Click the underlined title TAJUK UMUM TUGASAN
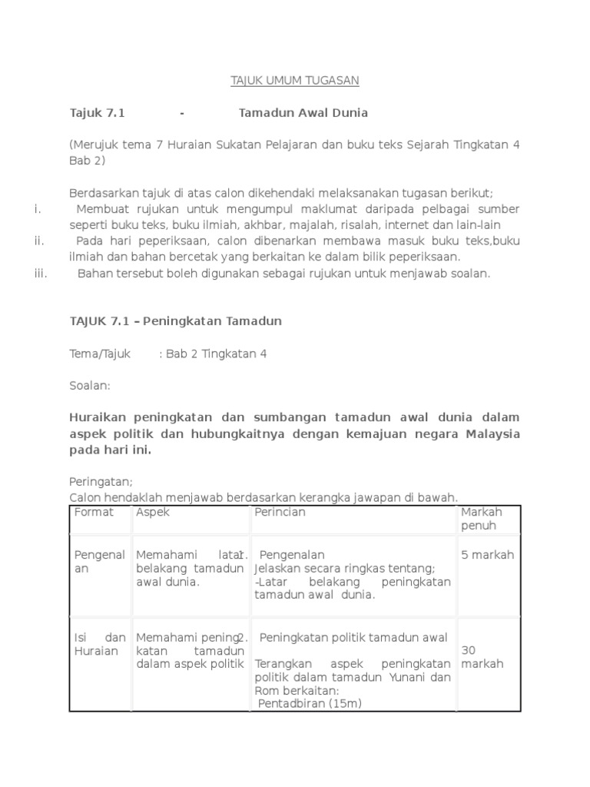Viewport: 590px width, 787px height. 295,81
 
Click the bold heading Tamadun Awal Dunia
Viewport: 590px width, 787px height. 303,113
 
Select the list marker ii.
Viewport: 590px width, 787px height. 39,241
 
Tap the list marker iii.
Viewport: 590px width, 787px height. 41,274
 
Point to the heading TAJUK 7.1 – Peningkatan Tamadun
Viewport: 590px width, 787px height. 175,321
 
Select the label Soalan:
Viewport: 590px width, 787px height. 90,386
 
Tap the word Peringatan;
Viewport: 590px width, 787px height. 101,482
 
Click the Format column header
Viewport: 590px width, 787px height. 94,512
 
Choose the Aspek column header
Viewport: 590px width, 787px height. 153,512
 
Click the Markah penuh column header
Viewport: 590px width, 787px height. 482,519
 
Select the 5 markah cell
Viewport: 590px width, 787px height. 487,555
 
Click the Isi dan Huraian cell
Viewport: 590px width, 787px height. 99,644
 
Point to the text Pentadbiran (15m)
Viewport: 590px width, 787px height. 310,704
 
